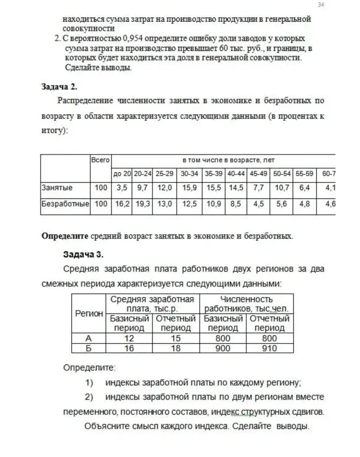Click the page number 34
(321, 5)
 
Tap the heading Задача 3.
(83, 254)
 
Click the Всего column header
(100, 160)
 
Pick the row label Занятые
(57, 188)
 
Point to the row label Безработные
(65, 204)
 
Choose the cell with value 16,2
(121, 204)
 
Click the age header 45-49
(259, 174)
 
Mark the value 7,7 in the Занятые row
(259, 188)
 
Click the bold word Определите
(64, 237)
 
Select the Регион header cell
(89, 313)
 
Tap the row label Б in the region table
(89, 348)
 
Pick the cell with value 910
(269, 348)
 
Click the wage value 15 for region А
(176, 338)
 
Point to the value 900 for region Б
(223, 348)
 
